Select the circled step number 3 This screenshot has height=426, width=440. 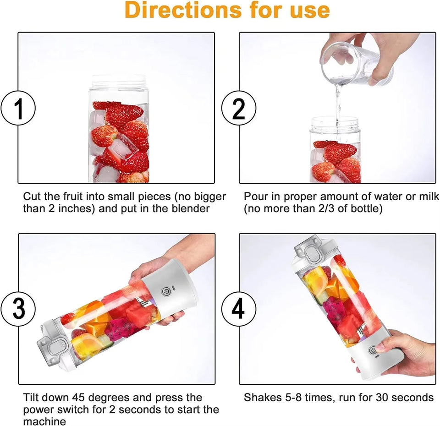[x=19, y=310]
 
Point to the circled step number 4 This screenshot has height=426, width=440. [x=239, y=310]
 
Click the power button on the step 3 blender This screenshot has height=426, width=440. [x=166, y=291]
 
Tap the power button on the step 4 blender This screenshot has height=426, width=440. [x=373, y=350]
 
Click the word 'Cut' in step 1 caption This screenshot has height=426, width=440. [x=32, y=197]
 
